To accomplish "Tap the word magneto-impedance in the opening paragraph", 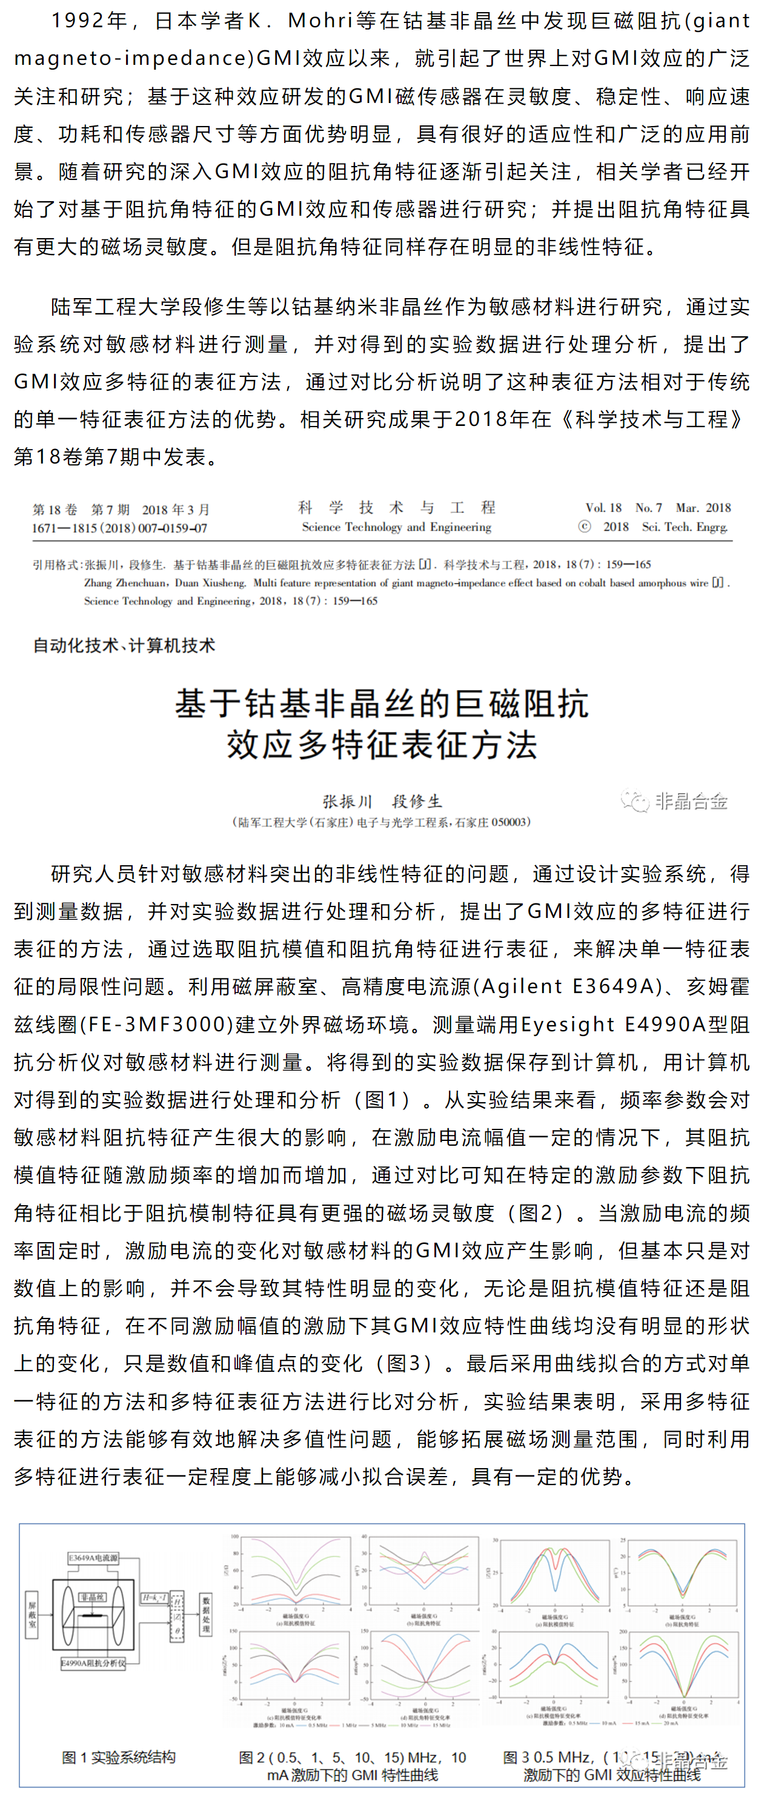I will coord(133,58).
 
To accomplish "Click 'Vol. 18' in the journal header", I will coord(603,508).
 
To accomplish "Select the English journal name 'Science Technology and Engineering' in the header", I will coord(397,527).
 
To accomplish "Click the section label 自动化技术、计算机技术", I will coord(124,645).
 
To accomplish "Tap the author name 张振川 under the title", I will coord(347,801).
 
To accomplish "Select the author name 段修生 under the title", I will coord(417,801).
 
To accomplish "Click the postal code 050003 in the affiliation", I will coord(508,822).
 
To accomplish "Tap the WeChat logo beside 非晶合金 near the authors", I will coord(634,801).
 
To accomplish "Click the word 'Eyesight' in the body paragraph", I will coord(567,1024).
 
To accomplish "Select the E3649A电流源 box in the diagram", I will coord(93,1558).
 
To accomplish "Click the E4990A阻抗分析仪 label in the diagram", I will coord(93,1663).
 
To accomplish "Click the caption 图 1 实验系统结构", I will coord(119,1757).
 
